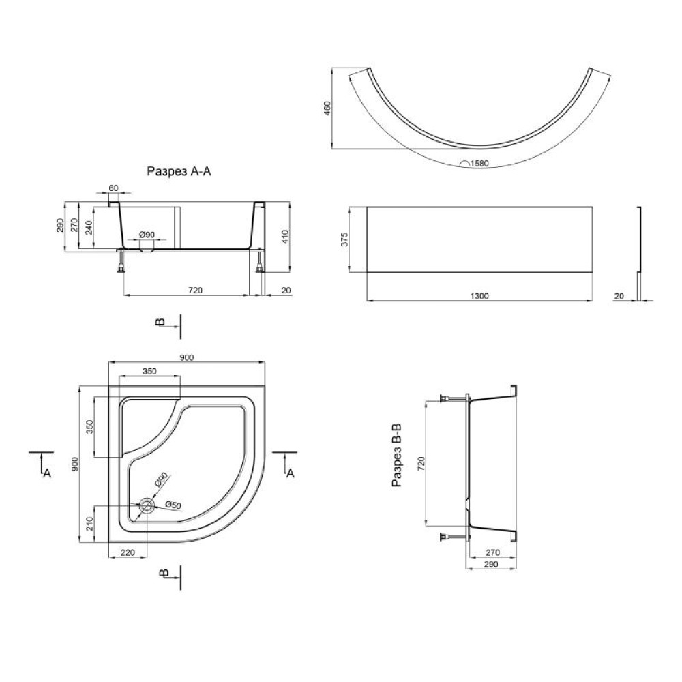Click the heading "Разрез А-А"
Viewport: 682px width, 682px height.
[179, 171]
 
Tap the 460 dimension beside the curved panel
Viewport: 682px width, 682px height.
[327, 108]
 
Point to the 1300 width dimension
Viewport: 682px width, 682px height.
[479, 296]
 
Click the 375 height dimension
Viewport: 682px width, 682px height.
[344, 239]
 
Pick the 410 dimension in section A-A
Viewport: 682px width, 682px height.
[285, 237]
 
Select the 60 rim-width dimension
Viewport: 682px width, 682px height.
[113, 188]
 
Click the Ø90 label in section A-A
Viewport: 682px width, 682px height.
[147, 235]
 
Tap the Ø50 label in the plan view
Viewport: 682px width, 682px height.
[173, 505]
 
